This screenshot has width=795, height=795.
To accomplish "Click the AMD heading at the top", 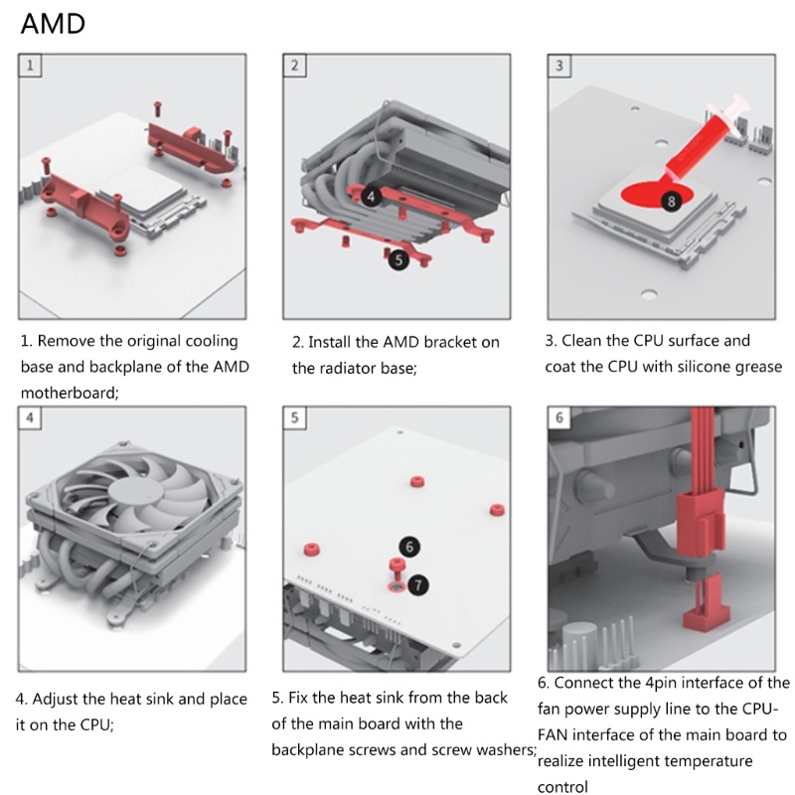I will point(53,24).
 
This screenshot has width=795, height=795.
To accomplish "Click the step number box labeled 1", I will point(31,66).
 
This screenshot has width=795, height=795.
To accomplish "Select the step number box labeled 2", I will point(295,66).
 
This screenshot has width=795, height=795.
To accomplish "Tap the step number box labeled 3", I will point(559,66).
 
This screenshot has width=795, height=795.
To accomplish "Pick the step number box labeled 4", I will point(31,417).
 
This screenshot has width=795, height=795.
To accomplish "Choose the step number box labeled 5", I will point(295,417).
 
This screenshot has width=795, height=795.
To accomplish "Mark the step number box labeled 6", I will point(559,417).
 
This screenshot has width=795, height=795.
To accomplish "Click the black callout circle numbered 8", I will point(671,202).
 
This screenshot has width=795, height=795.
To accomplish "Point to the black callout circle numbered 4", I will point(371,196).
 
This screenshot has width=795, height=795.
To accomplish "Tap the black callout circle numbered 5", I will point(397,259).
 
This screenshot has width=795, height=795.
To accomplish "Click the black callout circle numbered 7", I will point(418,583).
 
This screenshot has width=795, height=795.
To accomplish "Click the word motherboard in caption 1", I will point(68,393).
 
